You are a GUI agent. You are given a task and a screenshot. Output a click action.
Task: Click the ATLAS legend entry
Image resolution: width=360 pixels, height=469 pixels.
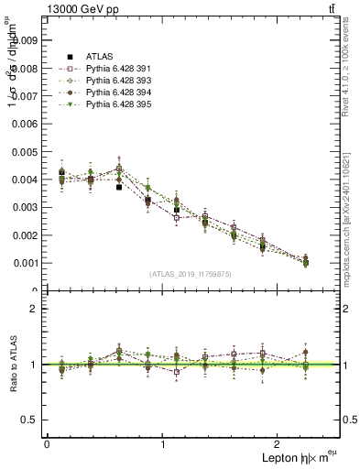tap(94, 56)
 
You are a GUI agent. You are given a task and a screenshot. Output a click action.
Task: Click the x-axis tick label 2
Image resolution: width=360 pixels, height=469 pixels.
tap(280, 444)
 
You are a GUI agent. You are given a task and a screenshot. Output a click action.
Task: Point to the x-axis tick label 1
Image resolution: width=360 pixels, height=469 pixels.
tap(163, 444)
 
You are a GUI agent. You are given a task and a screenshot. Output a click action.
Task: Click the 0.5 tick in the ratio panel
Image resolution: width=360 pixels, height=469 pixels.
tap(31, 420)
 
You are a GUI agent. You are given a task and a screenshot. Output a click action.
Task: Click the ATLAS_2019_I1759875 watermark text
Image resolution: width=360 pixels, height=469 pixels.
tap(191, 273)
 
